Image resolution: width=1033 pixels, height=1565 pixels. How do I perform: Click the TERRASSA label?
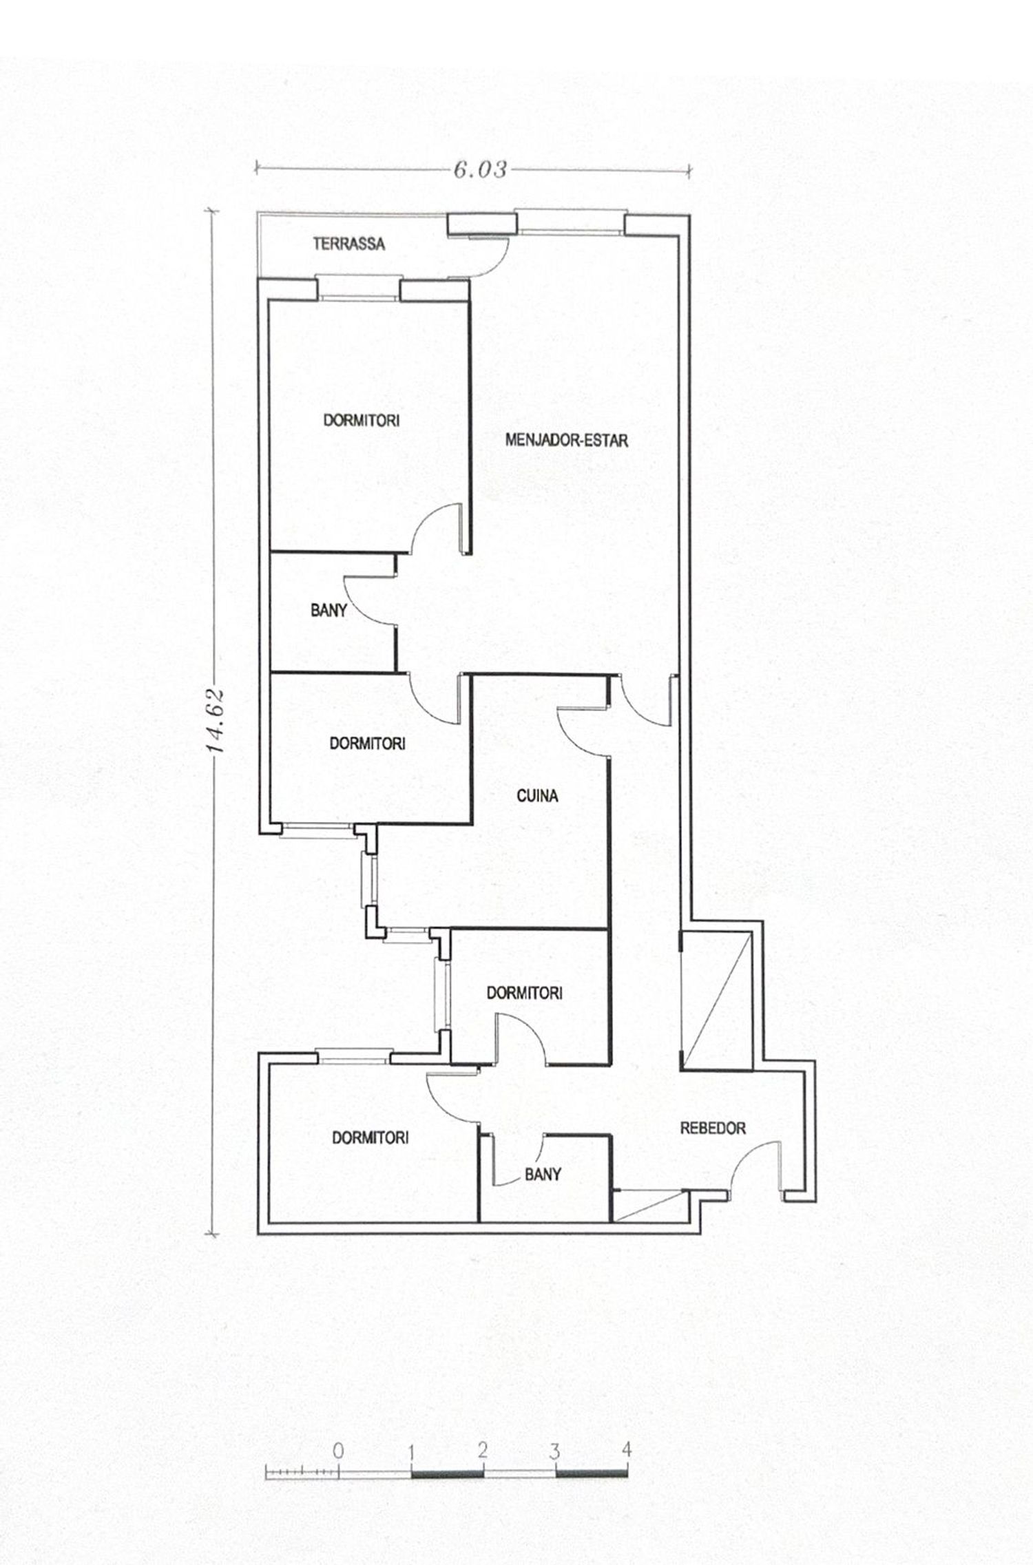pos(348,244)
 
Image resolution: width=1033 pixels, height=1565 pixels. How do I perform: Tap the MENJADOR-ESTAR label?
pos(567,440)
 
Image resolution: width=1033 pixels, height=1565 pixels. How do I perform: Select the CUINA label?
pos(537,796)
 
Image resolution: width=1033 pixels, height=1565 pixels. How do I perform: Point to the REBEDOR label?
pos(713,1128)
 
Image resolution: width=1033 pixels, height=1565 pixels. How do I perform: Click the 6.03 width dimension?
pos(480,169)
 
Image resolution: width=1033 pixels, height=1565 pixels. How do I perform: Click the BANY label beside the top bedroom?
pos(328,610)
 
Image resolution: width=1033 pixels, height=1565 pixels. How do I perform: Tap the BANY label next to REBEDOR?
pos(543,1175)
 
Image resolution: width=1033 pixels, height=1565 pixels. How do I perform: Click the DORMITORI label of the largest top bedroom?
pos(362,421)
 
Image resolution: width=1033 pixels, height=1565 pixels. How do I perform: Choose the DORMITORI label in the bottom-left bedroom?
pos(370,1137)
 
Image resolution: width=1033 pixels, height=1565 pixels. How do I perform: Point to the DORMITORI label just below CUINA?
pos(524,993)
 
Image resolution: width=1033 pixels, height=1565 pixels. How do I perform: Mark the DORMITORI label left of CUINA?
pos(367,744)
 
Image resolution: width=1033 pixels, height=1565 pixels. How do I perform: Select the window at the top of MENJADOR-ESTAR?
pos(571,222)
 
